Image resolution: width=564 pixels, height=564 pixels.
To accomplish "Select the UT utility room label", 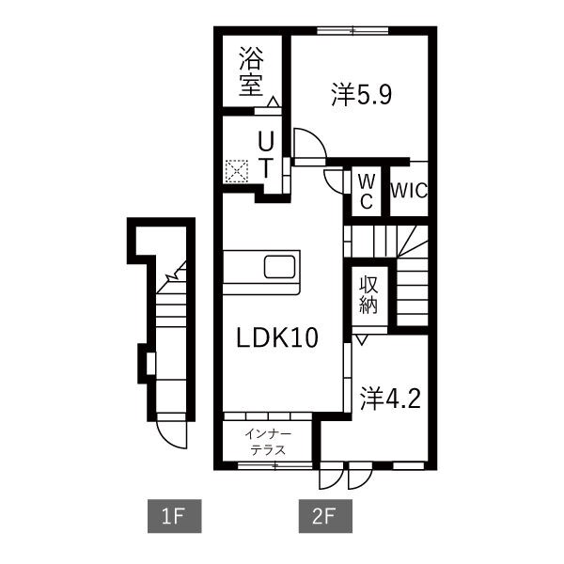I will [267, 155].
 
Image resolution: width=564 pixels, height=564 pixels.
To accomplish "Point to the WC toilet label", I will [365, 190].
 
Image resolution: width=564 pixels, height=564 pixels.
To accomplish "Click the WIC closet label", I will [409, 190].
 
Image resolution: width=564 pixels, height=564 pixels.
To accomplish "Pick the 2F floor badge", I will [323, 515].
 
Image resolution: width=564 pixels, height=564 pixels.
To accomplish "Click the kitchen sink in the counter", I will [280, 267].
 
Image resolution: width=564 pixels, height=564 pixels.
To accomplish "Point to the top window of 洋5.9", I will [353, 31].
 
